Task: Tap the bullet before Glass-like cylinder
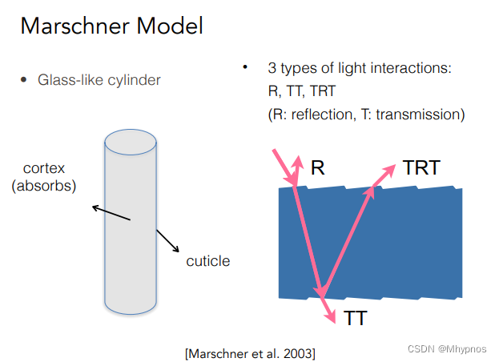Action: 23,80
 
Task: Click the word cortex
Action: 43,170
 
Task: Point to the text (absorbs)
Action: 43,187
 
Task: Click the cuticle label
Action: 207,261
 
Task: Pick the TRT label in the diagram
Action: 421,168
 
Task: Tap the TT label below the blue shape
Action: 356,319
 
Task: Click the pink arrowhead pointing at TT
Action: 331,316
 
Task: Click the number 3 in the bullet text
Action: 273,68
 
